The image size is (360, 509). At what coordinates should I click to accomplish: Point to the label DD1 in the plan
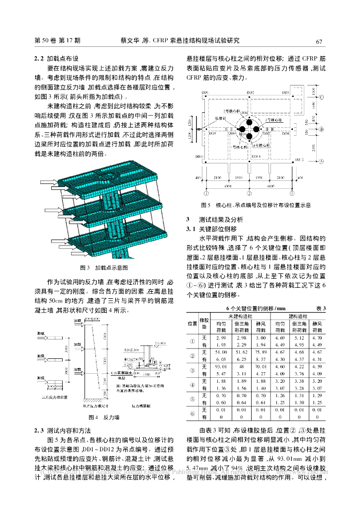[x=205, y=93]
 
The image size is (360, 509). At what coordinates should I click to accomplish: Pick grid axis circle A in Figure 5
[x=322, y=161]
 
